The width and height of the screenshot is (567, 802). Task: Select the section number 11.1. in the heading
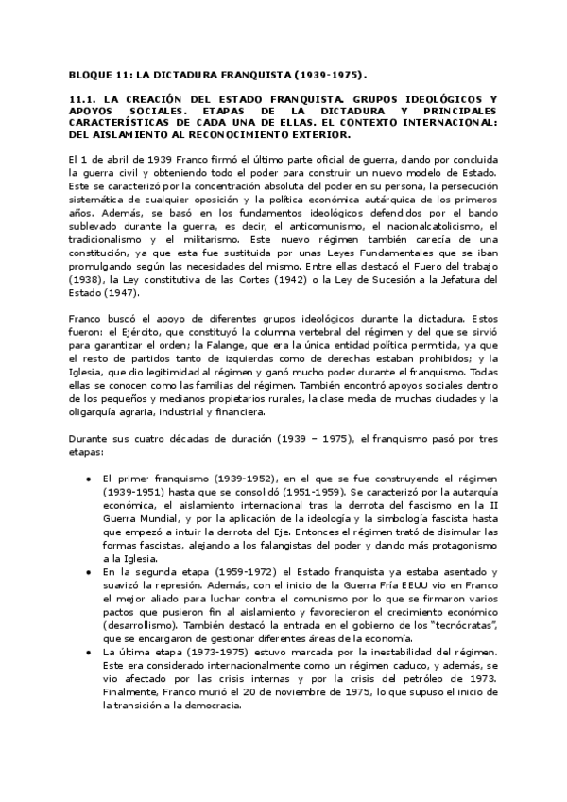coord(86,98)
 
